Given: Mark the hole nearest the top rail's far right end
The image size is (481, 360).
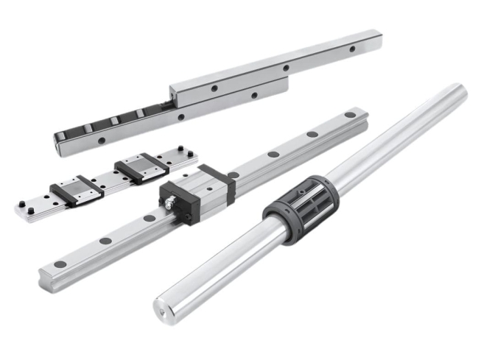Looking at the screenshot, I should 352,49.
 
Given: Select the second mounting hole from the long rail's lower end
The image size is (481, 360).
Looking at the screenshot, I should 105,241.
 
